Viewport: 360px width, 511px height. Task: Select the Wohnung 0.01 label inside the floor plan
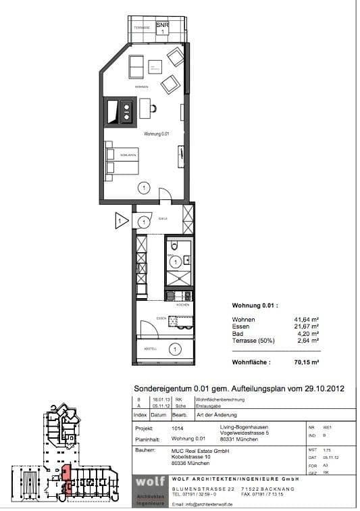pos(156,135)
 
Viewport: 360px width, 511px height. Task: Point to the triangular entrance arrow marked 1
pos(121,221)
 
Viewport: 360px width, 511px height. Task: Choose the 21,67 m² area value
pos(306,326)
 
